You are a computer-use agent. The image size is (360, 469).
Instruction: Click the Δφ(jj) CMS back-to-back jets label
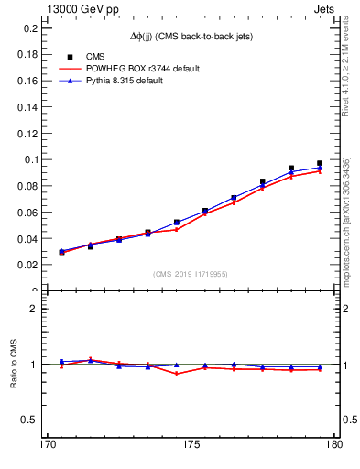191,36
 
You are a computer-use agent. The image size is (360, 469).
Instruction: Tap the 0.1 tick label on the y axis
29,159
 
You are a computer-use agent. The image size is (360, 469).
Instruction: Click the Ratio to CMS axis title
14,364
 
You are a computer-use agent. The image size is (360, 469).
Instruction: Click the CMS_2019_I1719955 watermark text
191,273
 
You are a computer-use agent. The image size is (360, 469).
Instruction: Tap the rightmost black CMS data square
320,163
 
